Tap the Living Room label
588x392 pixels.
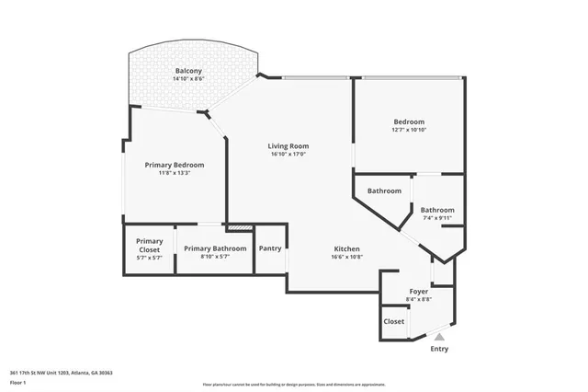[288, 145]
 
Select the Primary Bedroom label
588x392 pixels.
[175, 165]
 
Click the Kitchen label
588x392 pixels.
[346, 248]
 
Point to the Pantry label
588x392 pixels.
[270, 248]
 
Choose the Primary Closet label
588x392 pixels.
[150, 246]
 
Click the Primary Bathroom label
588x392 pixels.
[215, 248]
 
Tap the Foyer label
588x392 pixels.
[418, 291]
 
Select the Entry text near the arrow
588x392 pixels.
[439, 349]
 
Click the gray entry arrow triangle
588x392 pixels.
[439, 338]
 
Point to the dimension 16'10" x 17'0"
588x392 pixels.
[288, 155]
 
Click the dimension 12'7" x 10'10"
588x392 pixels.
[409, 131]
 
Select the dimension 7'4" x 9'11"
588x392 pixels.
[437, 218]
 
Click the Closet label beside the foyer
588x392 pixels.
[394, 321]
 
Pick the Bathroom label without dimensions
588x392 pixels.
[384, 190]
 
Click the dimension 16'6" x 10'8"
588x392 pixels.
[346, 258]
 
